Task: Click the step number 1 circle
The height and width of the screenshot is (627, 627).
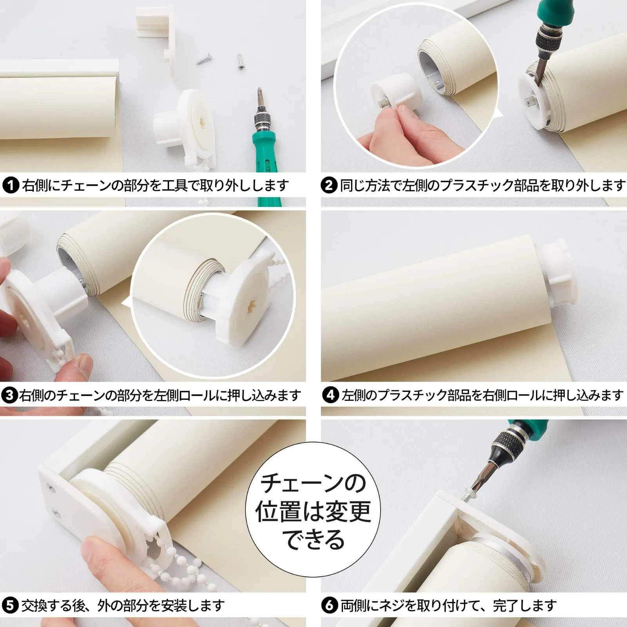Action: coord(11,185)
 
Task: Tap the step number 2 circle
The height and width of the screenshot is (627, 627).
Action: coord(329,185)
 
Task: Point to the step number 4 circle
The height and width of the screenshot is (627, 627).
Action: coord(330,395)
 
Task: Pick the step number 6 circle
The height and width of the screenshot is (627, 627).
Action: coord(330,605)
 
